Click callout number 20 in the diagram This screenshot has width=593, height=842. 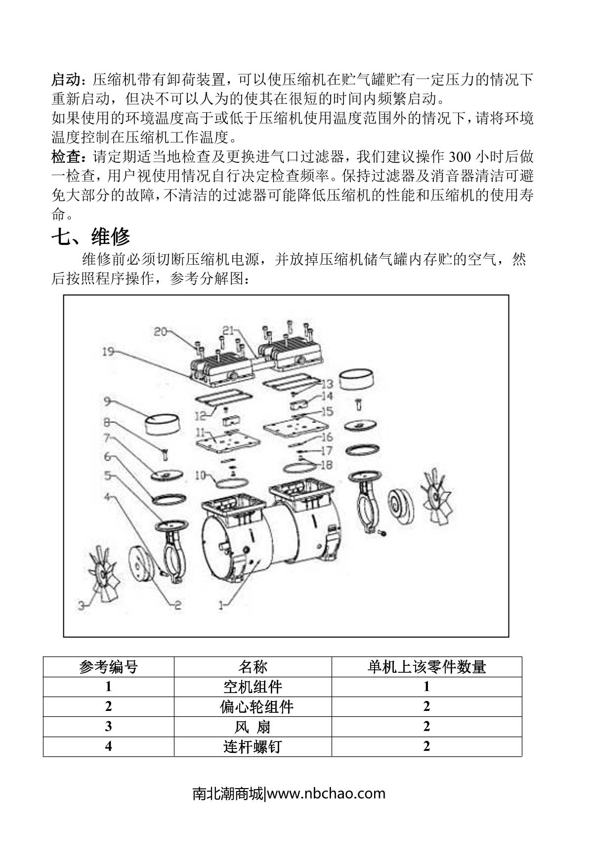coord(161,332)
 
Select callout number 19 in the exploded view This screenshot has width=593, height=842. coord(109,352)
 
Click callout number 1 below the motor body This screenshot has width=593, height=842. coord(222,604)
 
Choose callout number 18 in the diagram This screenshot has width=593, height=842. coord(327,465)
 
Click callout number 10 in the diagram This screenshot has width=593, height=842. coord(200,475)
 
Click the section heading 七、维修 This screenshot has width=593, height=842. coord(91,237)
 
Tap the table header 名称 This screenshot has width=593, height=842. coord(253,667)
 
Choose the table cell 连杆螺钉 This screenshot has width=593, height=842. coord(253,746)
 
